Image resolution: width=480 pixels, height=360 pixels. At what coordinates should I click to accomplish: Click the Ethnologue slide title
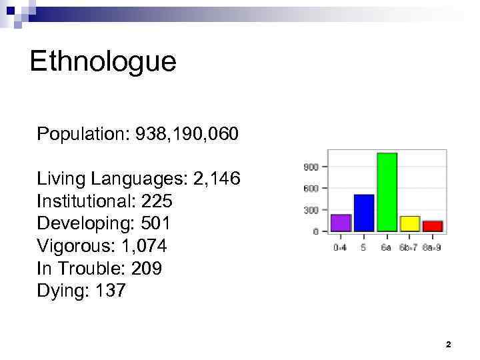(x=103, y=61)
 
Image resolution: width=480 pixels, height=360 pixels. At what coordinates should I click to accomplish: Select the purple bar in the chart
(x=341, y=223)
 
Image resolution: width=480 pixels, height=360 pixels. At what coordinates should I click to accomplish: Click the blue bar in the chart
(x=363, y=213)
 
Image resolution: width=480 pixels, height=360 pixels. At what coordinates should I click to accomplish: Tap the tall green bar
(x=387, y=192)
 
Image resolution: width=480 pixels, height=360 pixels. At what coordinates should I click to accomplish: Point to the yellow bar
(x=409, y=223)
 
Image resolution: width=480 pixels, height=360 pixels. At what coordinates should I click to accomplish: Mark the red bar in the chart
(x=433, y=226)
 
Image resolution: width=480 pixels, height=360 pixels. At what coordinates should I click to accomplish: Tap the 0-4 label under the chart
(x=341, y=247)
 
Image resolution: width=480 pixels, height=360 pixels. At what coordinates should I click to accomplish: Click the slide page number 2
(x=448, y=345)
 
